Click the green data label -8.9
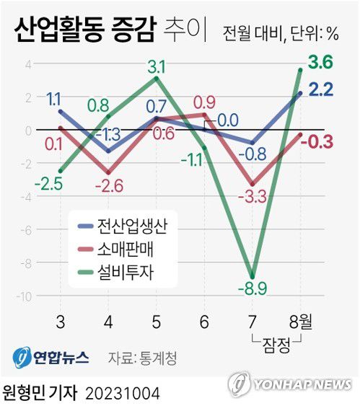[252, 290]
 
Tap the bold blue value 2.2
[320, 89]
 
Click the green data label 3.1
[157, 67]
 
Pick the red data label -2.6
[107, 186]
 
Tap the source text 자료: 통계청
[142, 357]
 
